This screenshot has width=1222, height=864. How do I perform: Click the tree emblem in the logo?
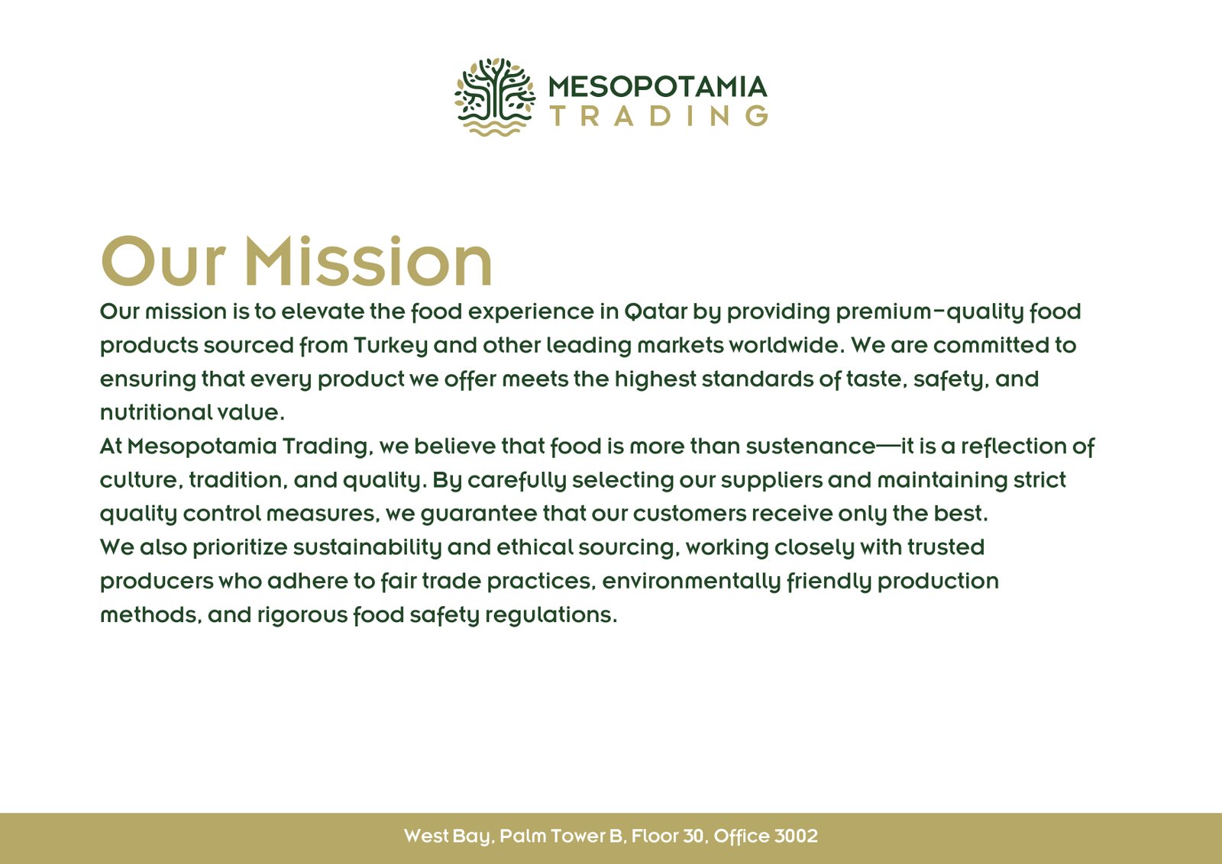click(495, 96)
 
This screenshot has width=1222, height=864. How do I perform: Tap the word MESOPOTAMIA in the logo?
click(658, 87)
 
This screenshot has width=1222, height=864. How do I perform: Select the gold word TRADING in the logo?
click(659, 116)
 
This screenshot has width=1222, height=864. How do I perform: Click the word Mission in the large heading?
click(368, 261)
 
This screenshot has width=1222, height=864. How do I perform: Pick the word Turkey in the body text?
click(390, 346)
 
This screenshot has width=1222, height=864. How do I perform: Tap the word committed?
click(991, 345)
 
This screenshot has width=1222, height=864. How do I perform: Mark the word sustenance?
click(810, 447)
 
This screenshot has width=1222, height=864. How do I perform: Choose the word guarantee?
click(478, 514)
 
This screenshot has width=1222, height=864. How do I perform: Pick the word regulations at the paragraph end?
click(551, 616)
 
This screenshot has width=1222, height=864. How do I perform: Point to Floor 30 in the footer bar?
click(669, 837)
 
